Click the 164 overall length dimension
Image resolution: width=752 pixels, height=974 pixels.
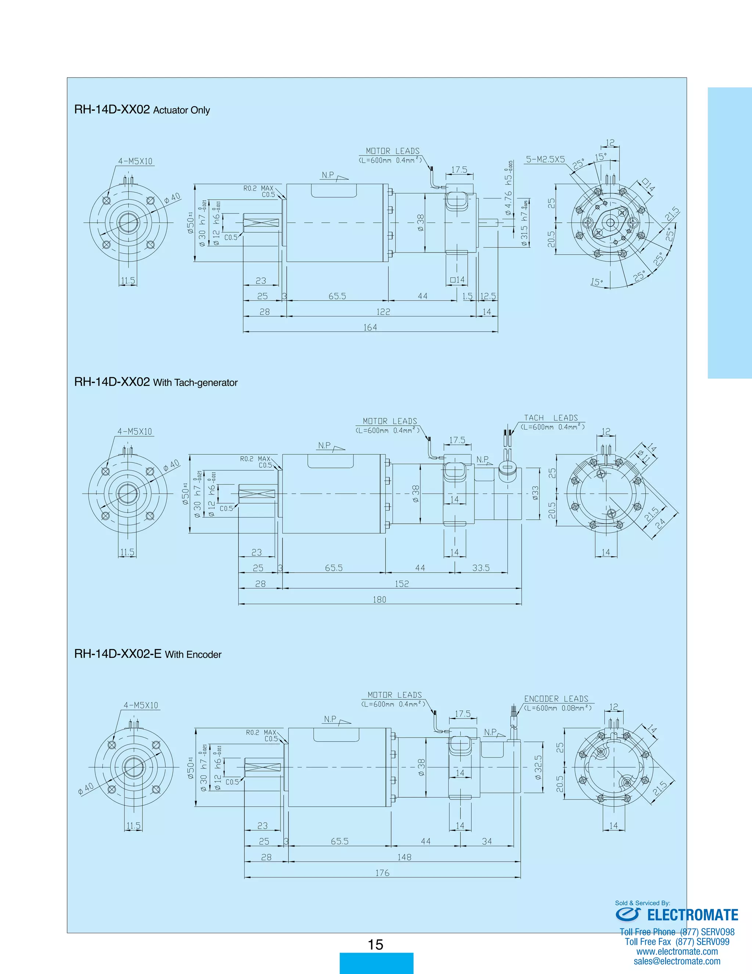tap(370, 327)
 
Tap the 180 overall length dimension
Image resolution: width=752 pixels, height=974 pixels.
tap(380, 599)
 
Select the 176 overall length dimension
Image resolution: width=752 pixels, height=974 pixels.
tap(382, 873)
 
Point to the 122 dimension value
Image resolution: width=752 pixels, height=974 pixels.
tap(383, 312)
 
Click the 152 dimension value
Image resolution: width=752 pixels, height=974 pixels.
tap(402, 584)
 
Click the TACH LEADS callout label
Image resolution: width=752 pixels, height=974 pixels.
tap(551, 418)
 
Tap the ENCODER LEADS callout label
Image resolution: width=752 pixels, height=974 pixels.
tap(556, 699)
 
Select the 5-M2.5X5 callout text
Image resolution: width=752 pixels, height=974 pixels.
tap(545, 159)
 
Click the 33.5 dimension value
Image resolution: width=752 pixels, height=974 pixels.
tap(481, 568)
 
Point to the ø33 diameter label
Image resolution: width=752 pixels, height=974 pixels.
tap(535, 493)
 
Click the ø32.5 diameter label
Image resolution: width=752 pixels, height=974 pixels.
tap(538, 767)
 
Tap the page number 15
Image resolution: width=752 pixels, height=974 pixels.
tap(376, 944)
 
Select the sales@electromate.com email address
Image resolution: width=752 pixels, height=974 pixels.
tap(677, 961)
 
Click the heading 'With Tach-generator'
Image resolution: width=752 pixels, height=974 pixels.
tap(195, 383)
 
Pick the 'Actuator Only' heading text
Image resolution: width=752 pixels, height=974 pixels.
tap(181, 110)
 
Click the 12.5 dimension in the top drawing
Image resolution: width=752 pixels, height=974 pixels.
tap(488, 296)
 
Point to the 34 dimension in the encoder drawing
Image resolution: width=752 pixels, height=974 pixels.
tap(487, 841)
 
